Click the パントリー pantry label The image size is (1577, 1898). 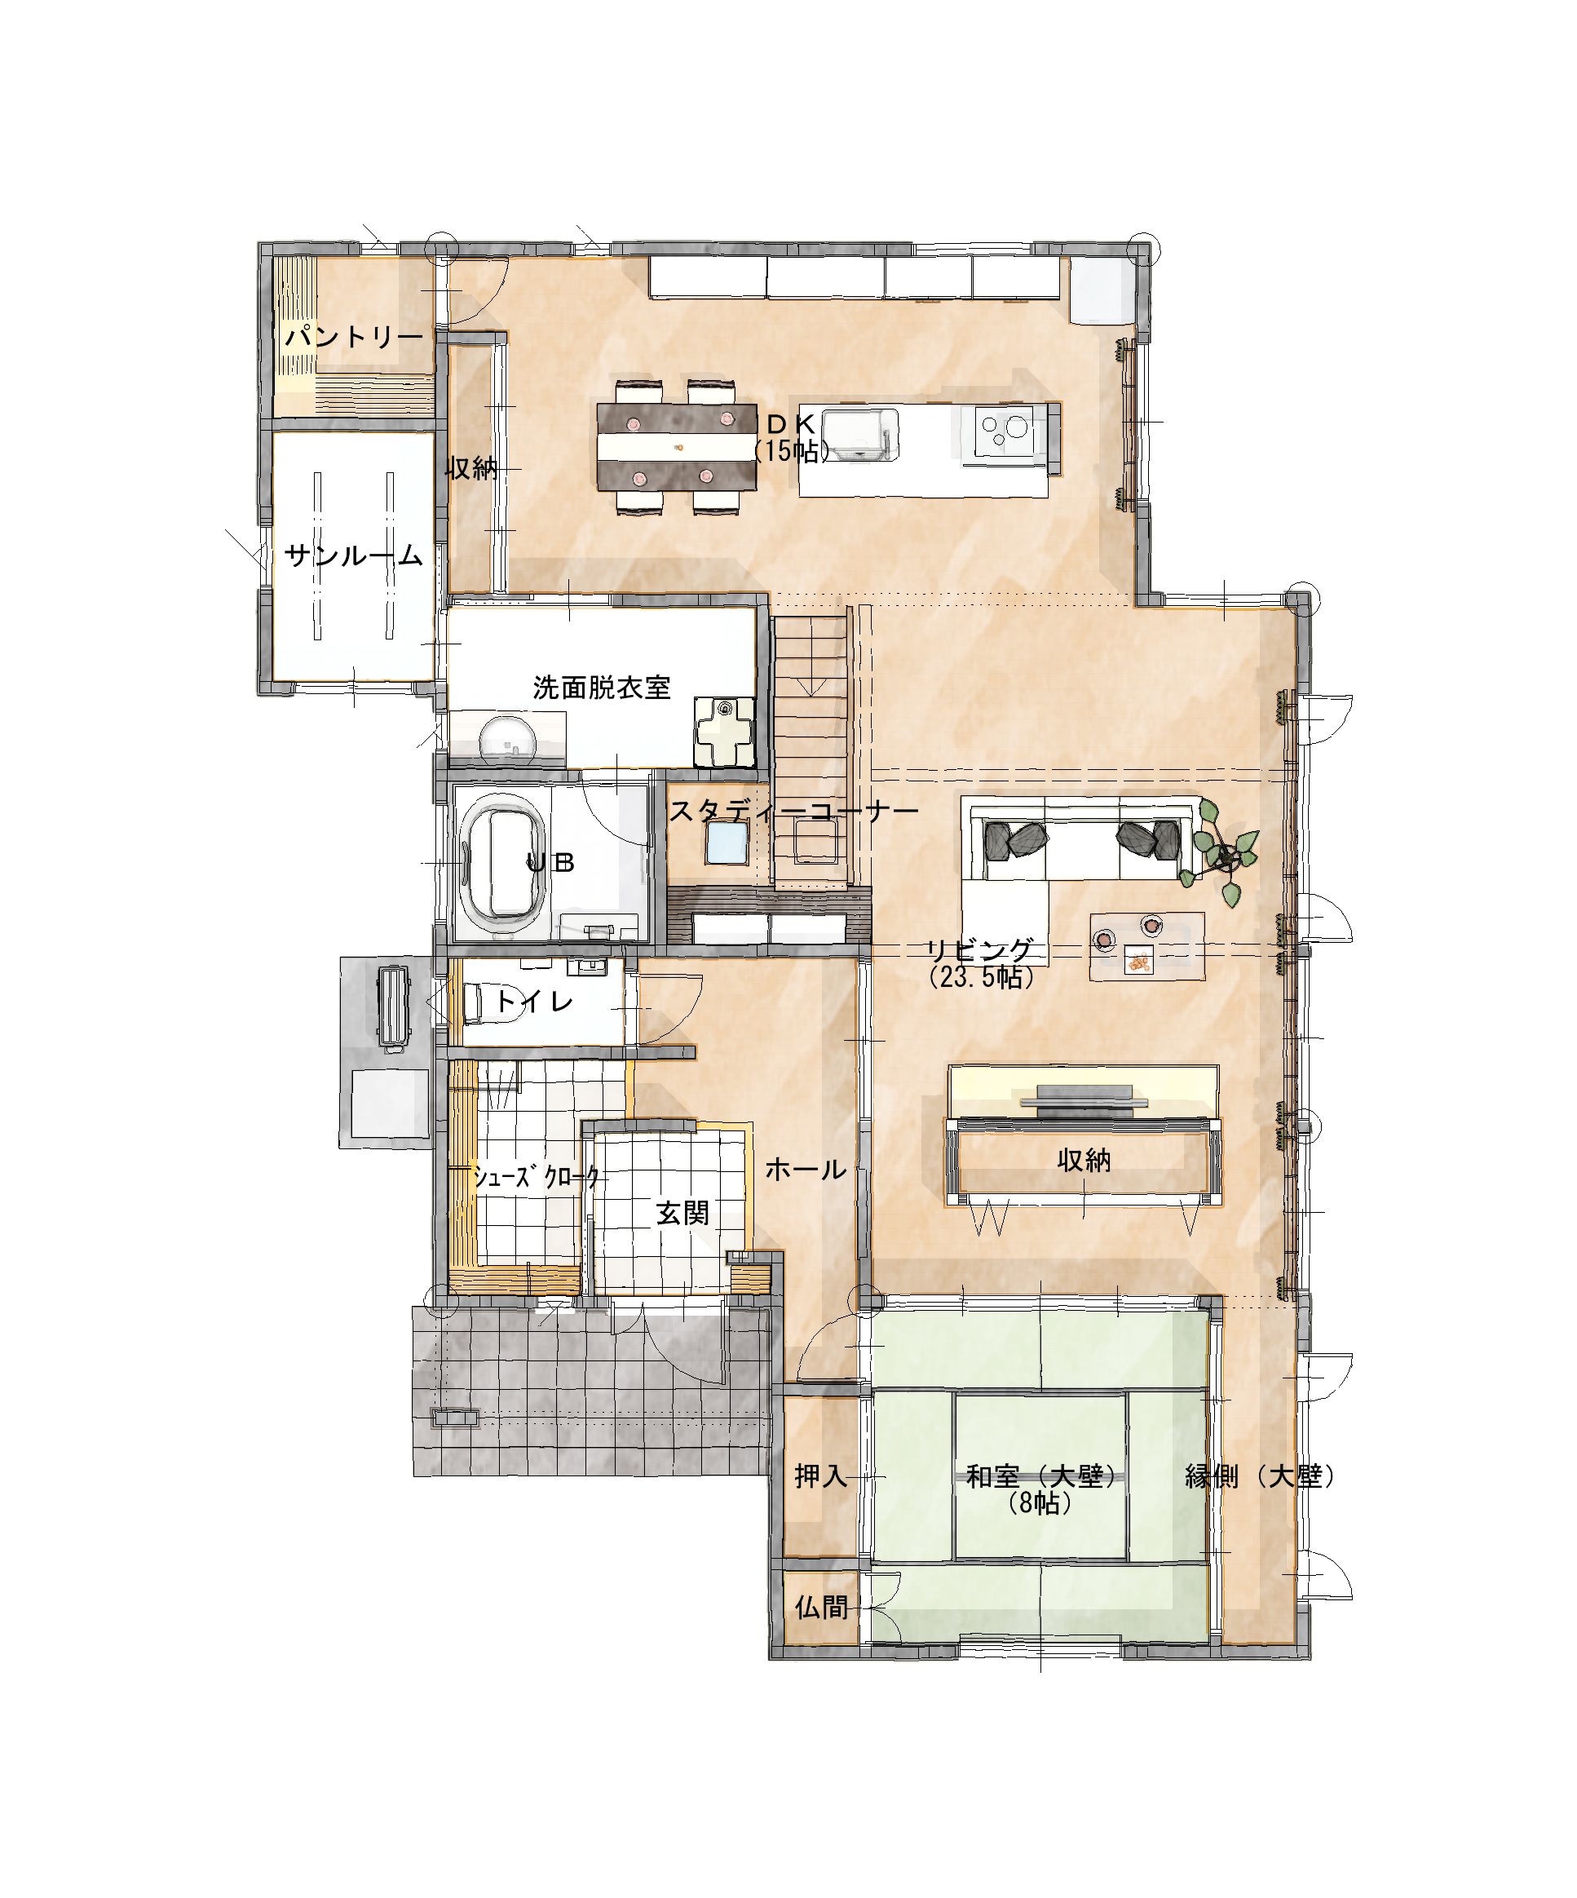click(354, 338)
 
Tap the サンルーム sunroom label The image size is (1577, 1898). click(353, 555)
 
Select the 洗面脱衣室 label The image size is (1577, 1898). click(601, 688)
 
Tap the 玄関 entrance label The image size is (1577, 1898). click(683, 1214)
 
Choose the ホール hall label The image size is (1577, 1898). click(806, 1170)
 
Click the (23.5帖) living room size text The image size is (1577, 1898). click(981, 977)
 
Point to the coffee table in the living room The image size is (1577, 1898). click(1146, 946)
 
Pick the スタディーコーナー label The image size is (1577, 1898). click(793, 810)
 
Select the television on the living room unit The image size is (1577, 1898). click(1084, 1096)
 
